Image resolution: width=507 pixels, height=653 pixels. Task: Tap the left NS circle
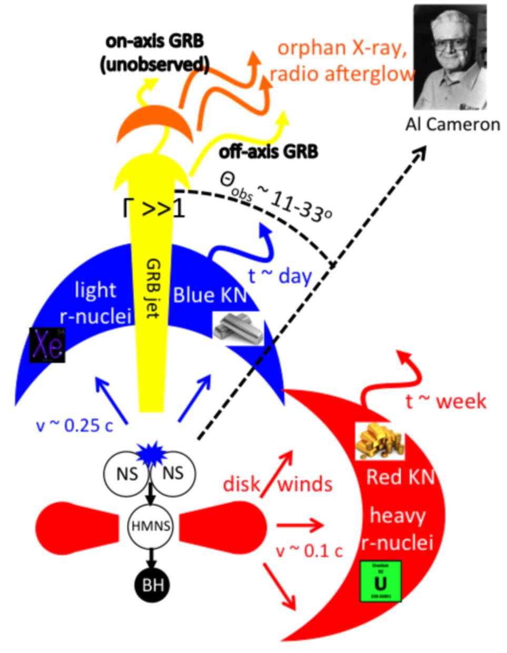click(127, 473)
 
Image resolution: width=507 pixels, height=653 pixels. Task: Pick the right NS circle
click(172, 473)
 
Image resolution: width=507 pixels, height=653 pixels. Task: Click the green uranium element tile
click(380, 581)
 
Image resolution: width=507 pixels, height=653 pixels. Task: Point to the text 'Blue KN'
click(210, 296)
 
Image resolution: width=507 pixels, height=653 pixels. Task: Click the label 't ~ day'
click(280, 276)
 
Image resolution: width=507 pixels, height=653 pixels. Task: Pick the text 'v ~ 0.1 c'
click(310, 551)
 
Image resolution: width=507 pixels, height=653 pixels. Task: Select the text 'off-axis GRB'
click(269, 152)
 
